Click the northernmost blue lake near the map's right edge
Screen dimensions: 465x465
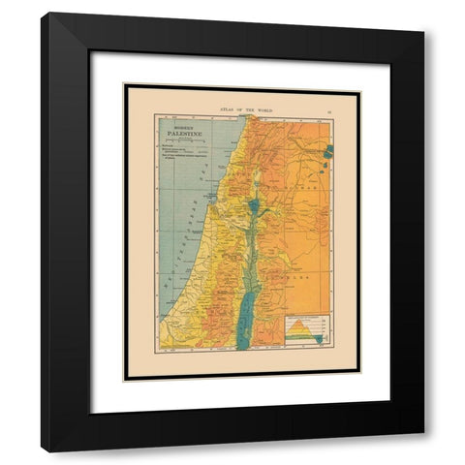tap(328, 151)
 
